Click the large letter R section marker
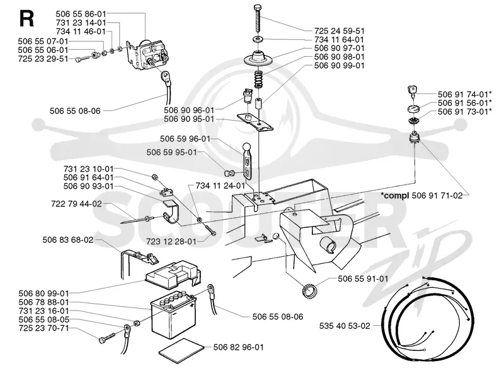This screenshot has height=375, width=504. click(x=26, y=19)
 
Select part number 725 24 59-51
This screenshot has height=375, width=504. click(x=339, y=31)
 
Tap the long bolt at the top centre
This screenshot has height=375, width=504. click(x=258, y=18)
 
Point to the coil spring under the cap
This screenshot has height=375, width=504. click(x=259, y=80)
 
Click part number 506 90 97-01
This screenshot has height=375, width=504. click(x=339, y=49)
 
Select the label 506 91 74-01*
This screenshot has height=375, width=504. click(x=464, y=95)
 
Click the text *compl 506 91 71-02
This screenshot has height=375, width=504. click(x=421, y=195)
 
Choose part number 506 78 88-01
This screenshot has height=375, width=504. click(x=43, y=302)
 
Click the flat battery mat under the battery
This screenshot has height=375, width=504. click(x=181, y=350)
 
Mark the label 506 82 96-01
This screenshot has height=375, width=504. click(x=239, y=347)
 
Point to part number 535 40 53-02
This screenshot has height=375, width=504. click(x=345, y=326)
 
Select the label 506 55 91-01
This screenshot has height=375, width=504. click(x=363, y=278)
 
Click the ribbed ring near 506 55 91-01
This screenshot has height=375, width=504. click(x=310, y=291)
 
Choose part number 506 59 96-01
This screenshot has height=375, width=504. click(x=185, y=139)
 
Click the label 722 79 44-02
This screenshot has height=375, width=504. click(x=76, y=204)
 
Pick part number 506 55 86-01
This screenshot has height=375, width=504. click(x=81, y=14)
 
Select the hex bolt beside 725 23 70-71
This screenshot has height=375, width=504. click(x=106, y=338)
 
